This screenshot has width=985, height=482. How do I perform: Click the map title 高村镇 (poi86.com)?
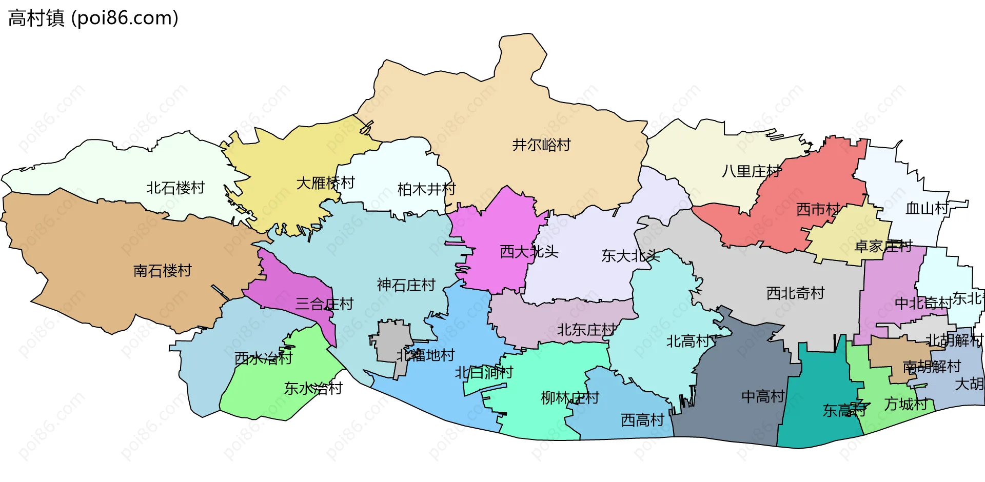point(93,18)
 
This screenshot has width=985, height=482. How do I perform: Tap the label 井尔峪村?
point(541,145)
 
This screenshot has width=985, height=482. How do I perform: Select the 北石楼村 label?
point(175,188)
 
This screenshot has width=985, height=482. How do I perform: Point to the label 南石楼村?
point(162,271)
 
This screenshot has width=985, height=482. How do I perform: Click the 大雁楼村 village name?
point(325,183)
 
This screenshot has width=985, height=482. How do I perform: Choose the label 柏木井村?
point(426,190)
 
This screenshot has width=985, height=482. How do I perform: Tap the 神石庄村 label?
point(406,285)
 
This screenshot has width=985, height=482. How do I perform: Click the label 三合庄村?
point(324,304)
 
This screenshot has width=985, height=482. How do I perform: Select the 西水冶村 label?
point(263,358)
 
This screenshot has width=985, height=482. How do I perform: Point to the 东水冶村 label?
point(313,389)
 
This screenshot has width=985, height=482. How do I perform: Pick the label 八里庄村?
point(752,171)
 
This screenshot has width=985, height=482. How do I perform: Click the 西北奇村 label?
point(795,293)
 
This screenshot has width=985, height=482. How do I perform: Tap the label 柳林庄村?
point(570,398)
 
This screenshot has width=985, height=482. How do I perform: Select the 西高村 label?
point(642,420)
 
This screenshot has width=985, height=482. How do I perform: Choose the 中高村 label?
point(763,396)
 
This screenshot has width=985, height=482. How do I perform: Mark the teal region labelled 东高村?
point(816,390)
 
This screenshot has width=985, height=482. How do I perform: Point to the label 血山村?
point(927,209)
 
